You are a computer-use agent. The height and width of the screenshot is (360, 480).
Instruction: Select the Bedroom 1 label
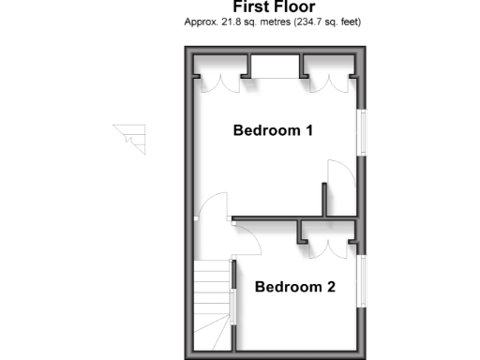(273, 130)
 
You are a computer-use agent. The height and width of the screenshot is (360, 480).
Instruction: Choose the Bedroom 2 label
(294, 287)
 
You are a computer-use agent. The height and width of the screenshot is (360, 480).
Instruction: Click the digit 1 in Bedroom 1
(308, 130)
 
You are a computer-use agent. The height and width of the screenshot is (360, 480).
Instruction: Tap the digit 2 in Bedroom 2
(330, 287)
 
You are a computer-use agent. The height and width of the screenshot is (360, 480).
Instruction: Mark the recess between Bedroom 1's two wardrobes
(276, 66)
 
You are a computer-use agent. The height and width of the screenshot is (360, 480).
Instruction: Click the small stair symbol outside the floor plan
(131, 137)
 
